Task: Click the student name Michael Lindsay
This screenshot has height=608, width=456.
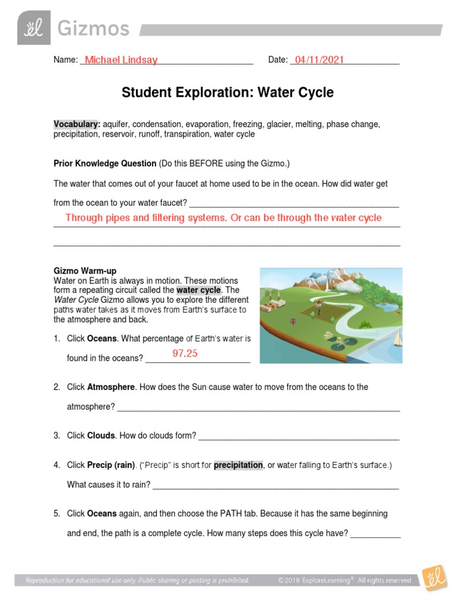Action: (121, 60)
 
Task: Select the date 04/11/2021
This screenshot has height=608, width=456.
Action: (319, 60)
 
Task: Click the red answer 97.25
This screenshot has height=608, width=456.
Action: (185, 354)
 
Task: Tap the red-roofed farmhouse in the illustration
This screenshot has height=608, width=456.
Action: (318, 306)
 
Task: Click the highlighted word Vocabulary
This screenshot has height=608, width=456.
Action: (77, 124)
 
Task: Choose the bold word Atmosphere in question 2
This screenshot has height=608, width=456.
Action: (111, 387)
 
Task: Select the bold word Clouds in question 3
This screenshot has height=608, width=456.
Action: (101, 435)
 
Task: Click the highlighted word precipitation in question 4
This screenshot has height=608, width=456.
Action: (238, 465)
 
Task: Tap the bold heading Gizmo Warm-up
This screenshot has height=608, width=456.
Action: (85, 271)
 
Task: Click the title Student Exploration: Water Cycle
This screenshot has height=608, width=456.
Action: (227, 93)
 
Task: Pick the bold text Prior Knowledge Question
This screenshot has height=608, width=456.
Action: (104, 163)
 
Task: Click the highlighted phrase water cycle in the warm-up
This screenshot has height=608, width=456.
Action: (198, 290)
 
